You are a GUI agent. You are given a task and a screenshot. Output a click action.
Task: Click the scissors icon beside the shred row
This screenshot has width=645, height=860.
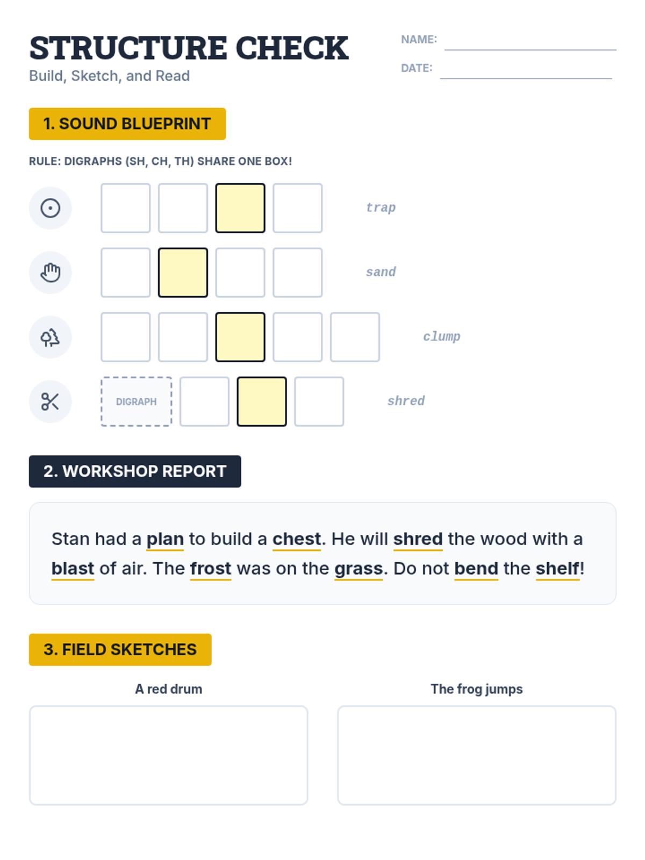coord(50,401)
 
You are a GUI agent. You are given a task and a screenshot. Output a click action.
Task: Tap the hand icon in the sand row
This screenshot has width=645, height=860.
coord(50,273)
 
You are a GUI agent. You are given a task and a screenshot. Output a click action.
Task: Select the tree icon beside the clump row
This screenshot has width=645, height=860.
coord(50,337)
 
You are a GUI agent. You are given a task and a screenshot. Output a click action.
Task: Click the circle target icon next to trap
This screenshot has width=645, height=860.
coord(50,207)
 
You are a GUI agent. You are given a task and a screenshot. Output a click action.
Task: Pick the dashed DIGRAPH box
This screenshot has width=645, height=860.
coord(137,401)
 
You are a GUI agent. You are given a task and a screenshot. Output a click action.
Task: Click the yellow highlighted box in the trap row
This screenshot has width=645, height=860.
coord(240,207)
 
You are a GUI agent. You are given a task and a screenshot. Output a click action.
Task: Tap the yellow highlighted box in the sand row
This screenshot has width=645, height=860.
coord(183,273)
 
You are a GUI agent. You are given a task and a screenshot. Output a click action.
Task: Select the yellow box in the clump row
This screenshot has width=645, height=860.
coord(240,337)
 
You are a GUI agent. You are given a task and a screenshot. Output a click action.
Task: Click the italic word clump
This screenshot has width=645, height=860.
coord(441,336)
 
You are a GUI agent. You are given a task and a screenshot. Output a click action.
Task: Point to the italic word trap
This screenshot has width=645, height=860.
coord(381,207)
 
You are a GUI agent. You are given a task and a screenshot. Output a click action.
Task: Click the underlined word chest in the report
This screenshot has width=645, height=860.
coord(297,539)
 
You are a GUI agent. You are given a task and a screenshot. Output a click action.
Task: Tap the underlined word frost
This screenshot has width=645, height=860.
coord(211,568)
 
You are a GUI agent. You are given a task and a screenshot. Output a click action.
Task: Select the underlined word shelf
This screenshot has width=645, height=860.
coord(557,568)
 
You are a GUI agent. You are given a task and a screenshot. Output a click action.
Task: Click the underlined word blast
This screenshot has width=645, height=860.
coord(73,568)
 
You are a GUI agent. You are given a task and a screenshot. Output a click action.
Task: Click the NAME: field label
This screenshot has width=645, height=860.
coord(419,39)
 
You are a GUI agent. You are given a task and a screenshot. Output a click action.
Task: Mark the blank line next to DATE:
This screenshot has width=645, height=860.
coord(526,78)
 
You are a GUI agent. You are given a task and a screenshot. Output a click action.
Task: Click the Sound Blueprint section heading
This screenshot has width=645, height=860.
coord(127,124)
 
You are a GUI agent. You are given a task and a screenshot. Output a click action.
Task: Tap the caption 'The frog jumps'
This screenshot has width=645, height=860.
coord(476,689)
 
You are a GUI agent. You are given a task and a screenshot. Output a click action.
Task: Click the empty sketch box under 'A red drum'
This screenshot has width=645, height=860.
coord(168,755)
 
